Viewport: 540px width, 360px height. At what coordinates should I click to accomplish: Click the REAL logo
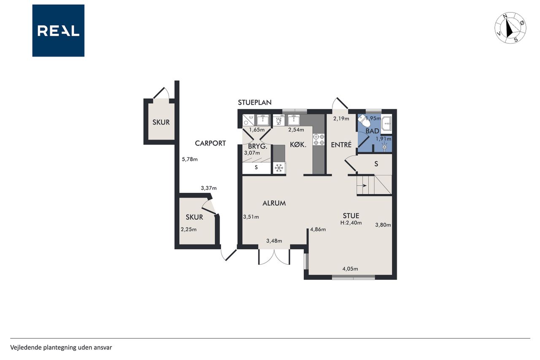pyautogui.click(x=58, y=31)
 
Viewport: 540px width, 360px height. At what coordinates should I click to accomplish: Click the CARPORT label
pyautogui.click(x=210, y=143)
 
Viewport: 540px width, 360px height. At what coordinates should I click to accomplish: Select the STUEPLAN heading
pyautogui.click(x=254, y=103)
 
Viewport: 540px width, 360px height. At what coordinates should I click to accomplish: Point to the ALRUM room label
pyautogui.click(x=274, y=203)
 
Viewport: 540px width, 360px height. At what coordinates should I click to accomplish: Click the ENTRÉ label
pyautogui.click(x=341, y=145)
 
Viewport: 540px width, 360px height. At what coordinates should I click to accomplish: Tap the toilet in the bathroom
pyautogui.click(x=364, y=121)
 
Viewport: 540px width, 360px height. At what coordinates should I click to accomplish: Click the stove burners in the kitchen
pyautogui.click(x=319, y=140)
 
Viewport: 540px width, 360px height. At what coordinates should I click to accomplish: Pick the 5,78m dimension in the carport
pyautogui.click(x=190, y=160)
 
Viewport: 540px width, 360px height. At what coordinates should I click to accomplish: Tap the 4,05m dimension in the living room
pyautogui.click(x=350, y=268)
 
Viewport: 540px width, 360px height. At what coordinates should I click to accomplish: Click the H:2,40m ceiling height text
pyautogui.click(x=351, y=223)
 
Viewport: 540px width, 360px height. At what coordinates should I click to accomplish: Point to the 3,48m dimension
pyautogui.click(x=274, y=241)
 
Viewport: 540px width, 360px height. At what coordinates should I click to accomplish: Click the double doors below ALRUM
pyautogui.click(x=274, y=257)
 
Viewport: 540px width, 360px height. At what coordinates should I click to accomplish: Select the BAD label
pyautogui.click(x=373, y=131)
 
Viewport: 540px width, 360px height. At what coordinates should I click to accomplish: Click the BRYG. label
pyautogui.click(x=258, y=146)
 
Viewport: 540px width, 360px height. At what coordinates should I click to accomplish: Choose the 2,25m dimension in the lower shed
pyautogui.click(x=189, y=230)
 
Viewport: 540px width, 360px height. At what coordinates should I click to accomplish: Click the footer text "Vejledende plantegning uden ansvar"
pyautogui.click(x=61, y=347)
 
